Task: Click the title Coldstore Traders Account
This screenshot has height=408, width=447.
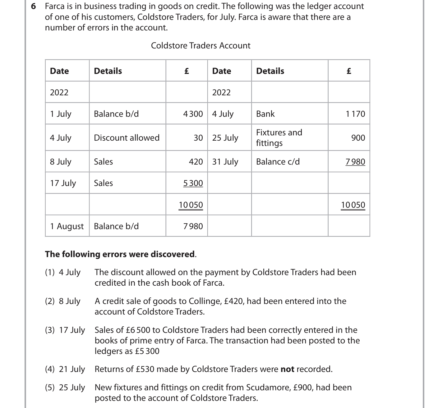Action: (200, 46)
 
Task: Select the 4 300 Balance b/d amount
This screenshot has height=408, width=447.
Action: (193, 114)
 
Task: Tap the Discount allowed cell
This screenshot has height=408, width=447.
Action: (127, 138)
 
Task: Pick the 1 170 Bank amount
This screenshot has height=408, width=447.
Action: (355, 114)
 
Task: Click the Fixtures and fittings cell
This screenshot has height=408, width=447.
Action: (279, 138)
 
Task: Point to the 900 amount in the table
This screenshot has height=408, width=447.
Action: (358, 138)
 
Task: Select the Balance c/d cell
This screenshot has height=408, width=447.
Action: (278, 161)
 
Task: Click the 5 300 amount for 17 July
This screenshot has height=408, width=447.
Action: (193, 183)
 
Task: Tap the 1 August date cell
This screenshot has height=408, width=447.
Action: (67, 226)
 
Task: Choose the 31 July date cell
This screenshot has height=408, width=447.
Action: (225, 161)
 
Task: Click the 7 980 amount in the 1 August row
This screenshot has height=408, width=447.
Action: (193, 226)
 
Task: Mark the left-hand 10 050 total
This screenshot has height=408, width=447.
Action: (191, 205)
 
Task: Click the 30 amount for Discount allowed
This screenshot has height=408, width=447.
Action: (198, 138)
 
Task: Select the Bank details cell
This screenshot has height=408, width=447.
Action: (265, 114)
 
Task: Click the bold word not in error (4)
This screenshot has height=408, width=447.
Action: (287, 369)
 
